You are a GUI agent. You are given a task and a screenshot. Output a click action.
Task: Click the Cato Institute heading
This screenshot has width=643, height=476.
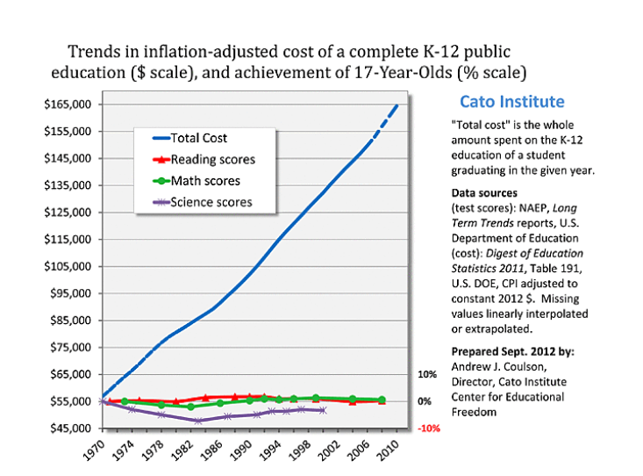click(x=511, y=101)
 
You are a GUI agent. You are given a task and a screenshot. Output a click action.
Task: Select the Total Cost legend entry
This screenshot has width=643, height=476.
click(x=198, y=138)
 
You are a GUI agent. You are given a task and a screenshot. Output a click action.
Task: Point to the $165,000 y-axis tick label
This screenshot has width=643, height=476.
click(x=67, y=105)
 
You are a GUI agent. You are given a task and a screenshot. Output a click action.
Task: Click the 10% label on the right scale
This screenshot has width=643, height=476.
click(x=426, y=374)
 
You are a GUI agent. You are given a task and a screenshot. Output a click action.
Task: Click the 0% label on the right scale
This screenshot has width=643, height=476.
click(x=425, y=401)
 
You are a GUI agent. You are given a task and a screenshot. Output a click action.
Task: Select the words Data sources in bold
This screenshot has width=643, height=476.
click(x=484, y=192)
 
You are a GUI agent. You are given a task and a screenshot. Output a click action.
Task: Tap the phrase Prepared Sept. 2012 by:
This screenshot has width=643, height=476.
click(x=500, y=352)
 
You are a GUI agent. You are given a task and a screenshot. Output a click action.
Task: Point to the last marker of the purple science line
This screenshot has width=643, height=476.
click(x=324, y=410)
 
